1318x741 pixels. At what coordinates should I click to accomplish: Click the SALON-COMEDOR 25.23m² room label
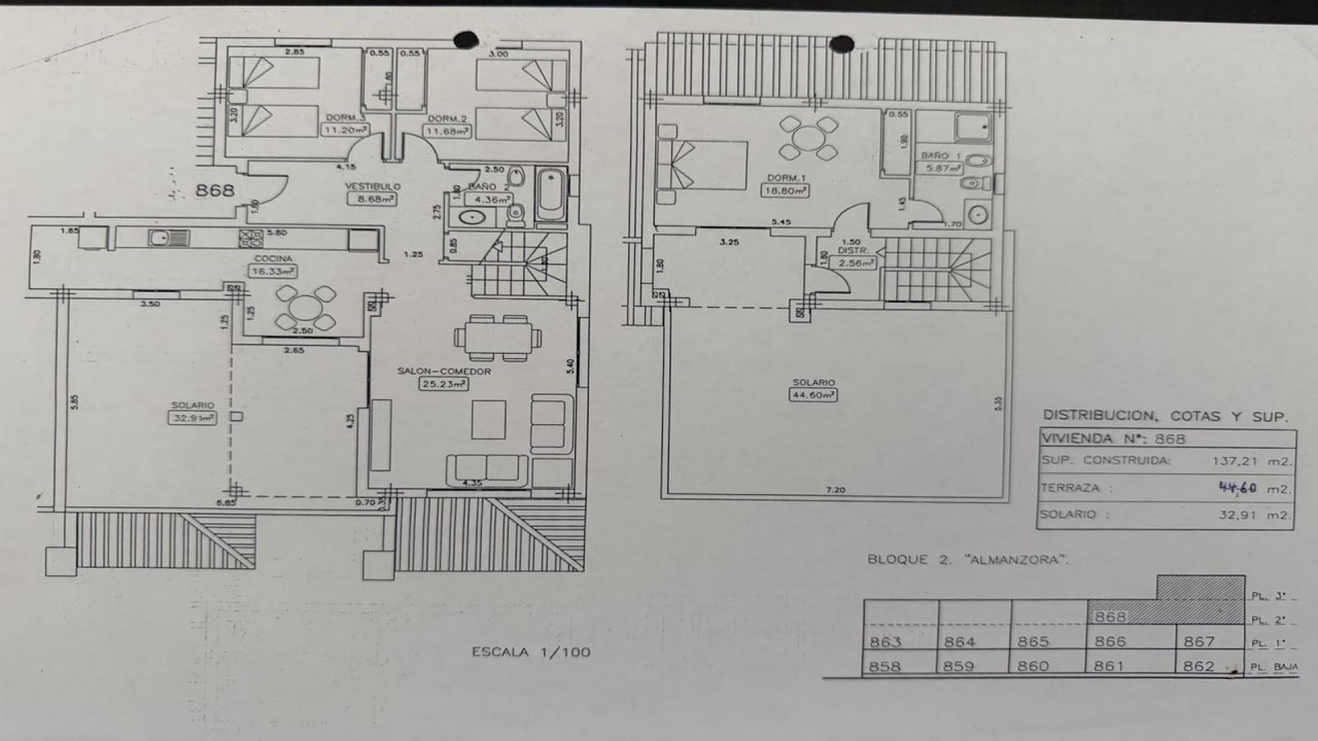point(444,377)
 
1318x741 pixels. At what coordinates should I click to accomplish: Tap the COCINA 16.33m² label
point(273,265)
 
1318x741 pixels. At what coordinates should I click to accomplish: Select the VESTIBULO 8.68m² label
point(372,193)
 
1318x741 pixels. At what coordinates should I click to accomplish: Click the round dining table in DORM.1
point(808,137)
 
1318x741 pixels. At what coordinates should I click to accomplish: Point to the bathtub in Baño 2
point(550,194)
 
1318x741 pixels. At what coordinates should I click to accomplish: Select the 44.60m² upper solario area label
point(813,389)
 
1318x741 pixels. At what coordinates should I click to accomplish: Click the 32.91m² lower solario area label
point(193,412)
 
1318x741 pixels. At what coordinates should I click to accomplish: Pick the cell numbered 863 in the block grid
point(886,641)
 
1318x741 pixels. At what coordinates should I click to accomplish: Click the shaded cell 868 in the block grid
point(1110,616)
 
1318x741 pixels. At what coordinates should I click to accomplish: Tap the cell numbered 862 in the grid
point(1199,665)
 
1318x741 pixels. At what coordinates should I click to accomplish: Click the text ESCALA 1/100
point(530,652)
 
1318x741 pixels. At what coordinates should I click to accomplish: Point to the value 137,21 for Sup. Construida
point(1236,462)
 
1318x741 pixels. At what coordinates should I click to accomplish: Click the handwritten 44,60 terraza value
point(1237,487)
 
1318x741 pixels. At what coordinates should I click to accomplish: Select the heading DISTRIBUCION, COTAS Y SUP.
point(1165,417)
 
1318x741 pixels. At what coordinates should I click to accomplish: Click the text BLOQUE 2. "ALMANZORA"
point(967,560)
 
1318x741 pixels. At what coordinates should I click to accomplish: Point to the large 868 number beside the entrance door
point(215,190)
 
